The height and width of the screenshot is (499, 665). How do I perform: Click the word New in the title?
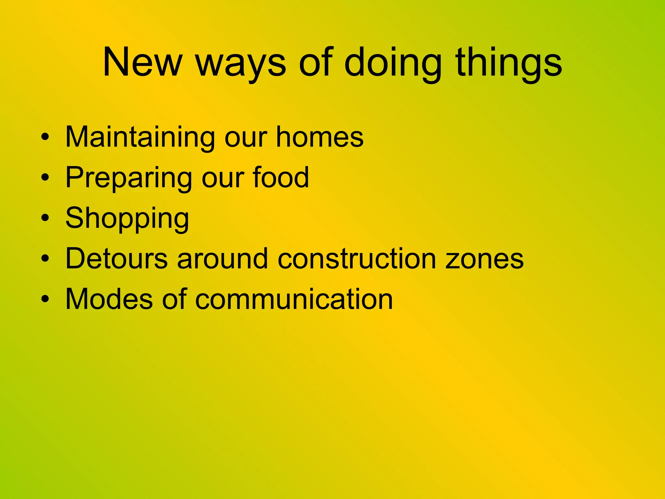[x=142, y=62]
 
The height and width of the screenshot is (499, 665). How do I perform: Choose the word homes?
[x=320, y=137]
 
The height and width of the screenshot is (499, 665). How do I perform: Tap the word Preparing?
[x=129, y=178]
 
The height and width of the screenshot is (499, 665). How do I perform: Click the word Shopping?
[x=127, y=219]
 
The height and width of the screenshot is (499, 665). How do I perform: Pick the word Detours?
[x=117, y=259]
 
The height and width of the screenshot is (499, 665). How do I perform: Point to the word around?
[x=223, y=259]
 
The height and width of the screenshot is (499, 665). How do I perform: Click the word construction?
[x=357, y=259]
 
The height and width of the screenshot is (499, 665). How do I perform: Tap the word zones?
[x=484, y=259]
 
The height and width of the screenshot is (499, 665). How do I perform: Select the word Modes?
[x=109, y=299]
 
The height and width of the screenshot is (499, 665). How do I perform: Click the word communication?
[x=294, y=299]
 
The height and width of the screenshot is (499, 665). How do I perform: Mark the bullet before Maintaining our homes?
[x=45, y=137]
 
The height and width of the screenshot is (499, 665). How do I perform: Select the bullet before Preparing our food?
[x=45, y=178]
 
